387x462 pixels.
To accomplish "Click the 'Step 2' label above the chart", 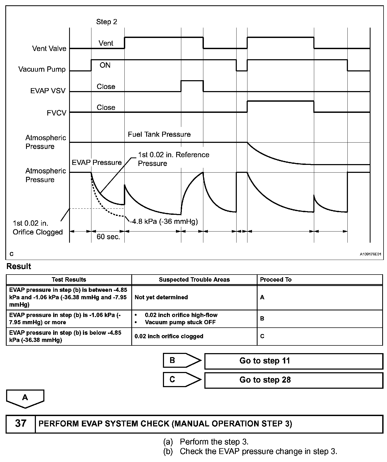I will point(106,22).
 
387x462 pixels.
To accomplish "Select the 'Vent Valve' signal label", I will point(49,49).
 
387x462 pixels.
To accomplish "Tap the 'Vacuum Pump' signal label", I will point(42,69).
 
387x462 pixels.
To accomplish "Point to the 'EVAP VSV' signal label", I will point(48,91).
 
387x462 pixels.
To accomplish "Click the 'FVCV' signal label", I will point(56,113).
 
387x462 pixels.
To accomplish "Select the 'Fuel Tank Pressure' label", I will point(159,134).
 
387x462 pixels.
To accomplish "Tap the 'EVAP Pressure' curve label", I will point(97,162).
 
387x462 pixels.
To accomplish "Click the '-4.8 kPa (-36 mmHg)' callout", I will point(164,221).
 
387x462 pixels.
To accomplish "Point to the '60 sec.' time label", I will point(108,237).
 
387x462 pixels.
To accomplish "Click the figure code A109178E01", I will point(371,254).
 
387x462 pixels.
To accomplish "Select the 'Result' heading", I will point(19,266).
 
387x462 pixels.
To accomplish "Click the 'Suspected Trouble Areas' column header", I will point(194,280).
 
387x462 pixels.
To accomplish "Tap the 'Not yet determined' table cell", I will point(161,297).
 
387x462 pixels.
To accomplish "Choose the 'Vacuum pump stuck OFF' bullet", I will point(180,322).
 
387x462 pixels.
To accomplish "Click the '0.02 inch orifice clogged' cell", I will point(169,336).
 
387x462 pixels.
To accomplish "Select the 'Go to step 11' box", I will point(293,361).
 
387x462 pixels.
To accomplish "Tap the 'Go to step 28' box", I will point(293,380).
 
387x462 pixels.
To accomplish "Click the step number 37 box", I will point(21,423).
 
